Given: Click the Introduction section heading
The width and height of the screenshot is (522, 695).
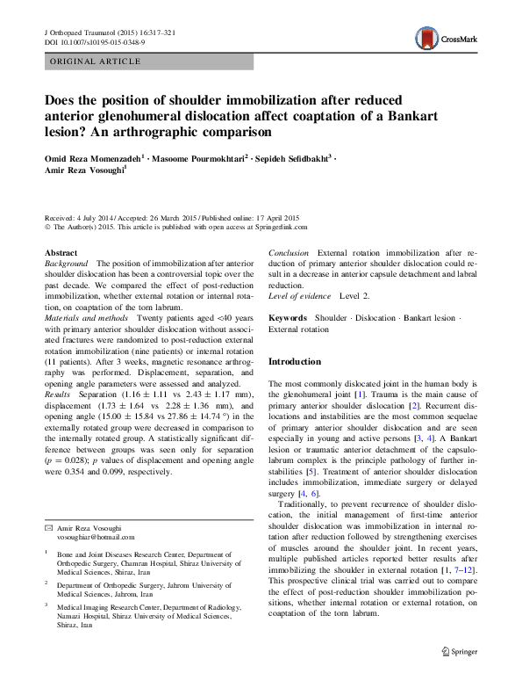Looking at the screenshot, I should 294,361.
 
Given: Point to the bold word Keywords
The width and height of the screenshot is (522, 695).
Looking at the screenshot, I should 287,317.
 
